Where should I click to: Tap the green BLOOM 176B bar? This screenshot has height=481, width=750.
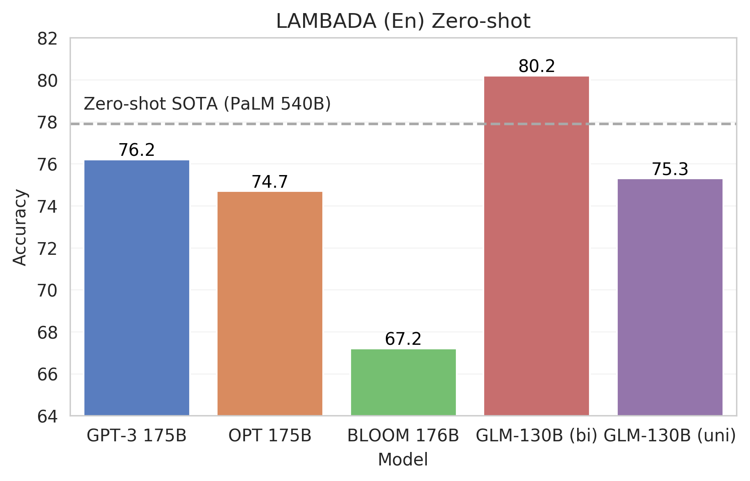403,382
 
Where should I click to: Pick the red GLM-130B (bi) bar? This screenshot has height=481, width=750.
536,246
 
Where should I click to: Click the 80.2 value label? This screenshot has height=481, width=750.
537,66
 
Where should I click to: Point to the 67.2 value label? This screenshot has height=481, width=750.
403,339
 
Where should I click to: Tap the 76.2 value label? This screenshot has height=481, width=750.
136,150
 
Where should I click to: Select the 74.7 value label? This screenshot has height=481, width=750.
270,182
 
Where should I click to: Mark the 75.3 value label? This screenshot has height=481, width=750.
670,169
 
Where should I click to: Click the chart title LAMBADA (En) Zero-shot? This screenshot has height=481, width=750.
403,21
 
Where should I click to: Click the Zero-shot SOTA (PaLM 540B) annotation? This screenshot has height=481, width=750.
207,104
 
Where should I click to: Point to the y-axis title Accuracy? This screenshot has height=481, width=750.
20,227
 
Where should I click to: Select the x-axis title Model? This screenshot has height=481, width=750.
403,460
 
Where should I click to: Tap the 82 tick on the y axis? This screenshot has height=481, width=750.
47,39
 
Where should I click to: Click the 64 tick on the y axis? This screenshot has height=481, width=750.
47,417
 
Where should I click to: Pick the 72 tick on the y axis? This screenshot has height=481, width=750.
47,249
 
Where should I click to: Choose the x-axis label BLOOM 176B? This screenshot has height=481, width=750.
403,436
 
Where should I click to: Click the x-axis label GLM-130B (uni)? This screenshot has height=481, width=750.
670,436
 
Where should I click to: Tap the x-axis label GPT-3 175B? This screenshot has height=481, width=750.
136,436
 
